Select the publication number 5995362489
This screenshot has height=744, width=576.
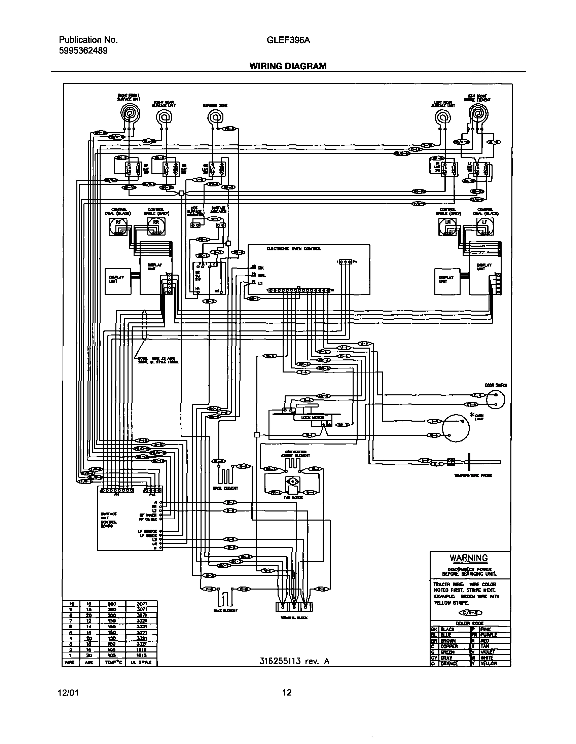[x=83, y=51]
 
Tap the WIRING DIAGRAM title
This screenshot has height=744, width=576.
[x=288, y=66]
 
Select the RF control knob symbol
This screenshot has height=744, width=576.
[x=118, y=226]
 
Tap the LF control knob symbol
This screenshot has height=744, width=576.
[x=484, y=226]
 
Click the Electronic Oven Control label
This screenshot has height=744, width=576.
[x=294, y=249]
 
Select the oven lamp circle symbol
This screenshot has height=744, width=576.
[x=456, y=428]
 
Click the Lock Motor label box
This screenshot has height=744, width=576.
[x=313, y=417]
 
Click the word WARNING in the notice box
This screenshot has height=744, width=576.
[x=468, y=558]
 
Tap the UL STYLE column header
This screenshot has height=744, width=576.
[x=141, y=663]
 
